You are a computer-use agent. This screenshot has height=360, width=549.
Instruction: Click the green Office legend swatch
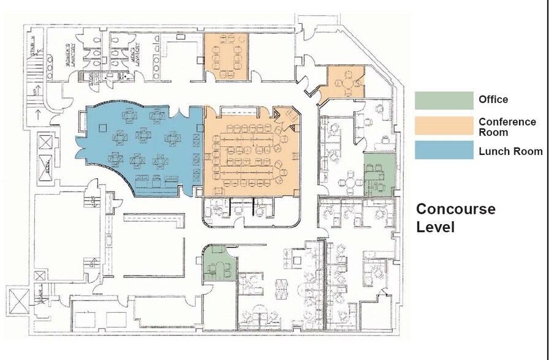point(444,100)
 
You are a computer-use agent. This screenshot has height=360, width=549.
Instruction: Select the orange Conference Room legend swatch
point(444,126)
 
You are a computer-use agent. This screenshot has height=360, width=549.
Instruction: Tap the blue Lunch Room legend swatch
point(444,151)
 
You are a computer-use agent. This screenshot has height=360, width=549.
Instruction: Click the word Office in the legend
point(493,100)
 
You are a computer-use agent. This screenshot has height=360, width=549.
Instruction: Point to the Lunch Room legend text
point(510,151)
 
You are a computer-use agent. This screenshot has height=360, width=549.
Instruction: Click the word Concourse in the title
point(455,209)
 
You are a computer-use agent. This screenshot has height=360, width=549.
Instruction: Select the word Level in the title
point(435,227)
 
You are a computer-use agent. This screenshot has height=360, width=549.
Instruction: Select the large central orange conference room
point(251,153)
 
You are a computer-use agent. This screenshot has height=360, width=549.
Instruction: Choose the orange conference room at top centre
point(226,55)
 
